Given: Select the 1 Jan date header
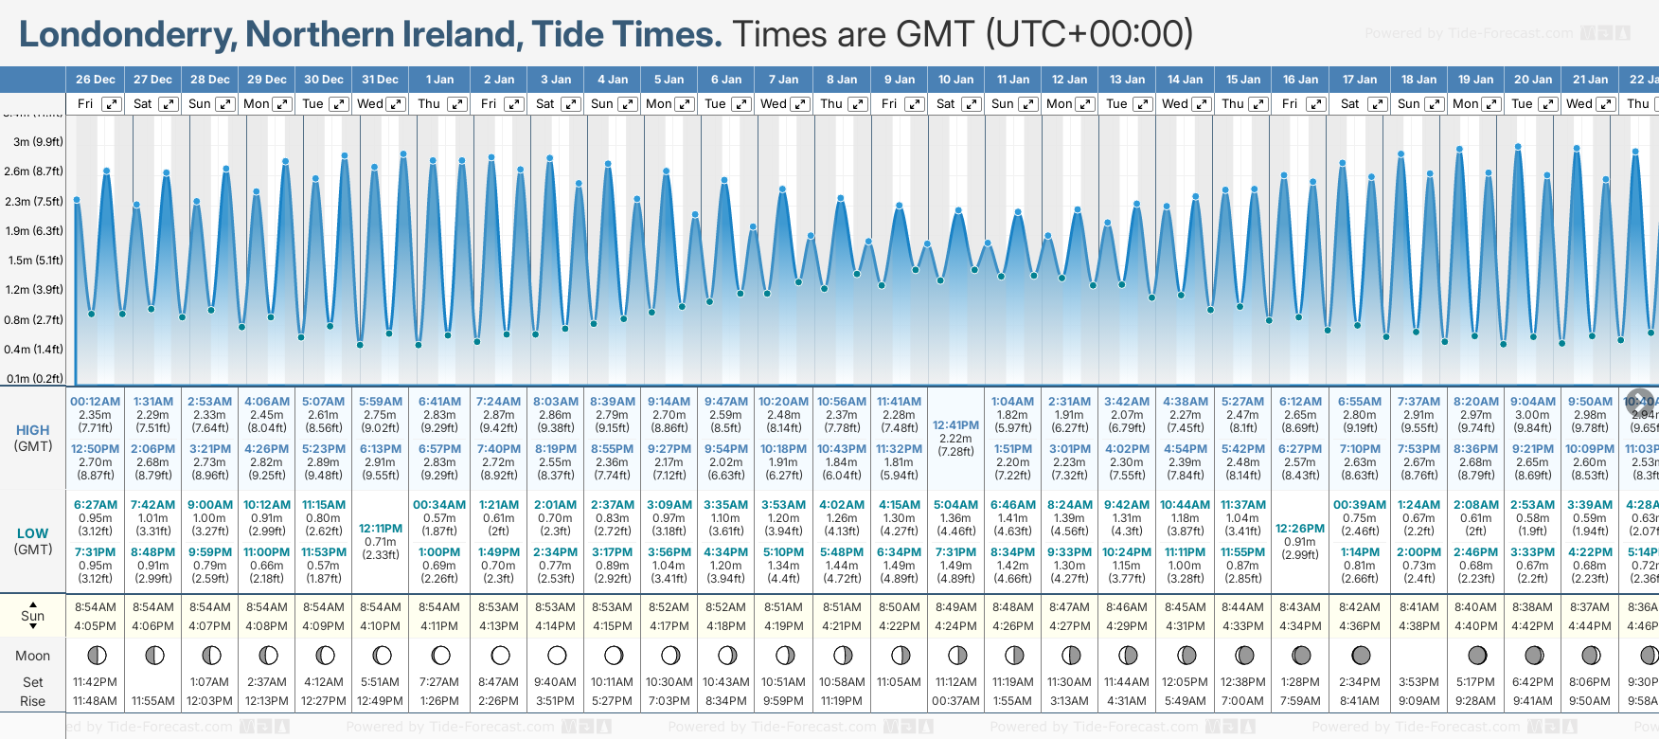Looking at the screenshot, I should [x=439, y=80].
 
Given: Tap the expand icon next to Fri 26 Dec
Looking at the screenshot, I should [x=112, y=104].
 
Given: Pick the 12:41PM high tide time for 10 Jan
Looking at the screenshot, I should [x=955, y=425].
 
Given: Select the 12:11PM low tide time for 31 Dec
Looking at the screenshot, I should [x=381, y=529].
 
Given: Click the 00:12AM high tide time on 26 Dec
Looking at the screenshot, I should [x=96, y=402].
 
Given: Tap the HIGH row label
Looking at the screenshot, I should [x=33, y=430].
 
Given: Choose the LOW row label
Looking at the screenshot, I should [x=33, y=533].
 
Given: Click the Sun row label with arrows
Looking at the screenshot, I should [x=33, y=616].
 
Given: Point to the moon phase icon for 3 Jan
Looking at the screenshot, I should [x=557, y=655].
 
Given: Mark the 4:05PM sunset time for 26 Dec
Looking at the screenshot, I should [x=96, y=626].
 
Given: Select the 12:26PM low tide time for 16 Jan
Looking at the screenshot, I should [x=1300, y=529].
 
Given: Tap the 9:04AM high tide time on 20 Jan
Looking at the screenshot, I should [x=1532, y=402].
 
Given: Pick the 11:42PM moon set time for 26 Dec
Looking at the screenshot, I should [x=96, y=682].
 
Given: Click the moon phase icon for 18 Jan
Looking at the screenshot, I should [x=1418, y=655].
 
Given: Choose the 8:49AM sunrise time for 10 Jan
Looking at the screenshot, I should [x=955, y=607].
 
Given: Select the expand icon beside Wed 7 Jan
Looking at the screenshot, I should [x=800, y=104].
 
